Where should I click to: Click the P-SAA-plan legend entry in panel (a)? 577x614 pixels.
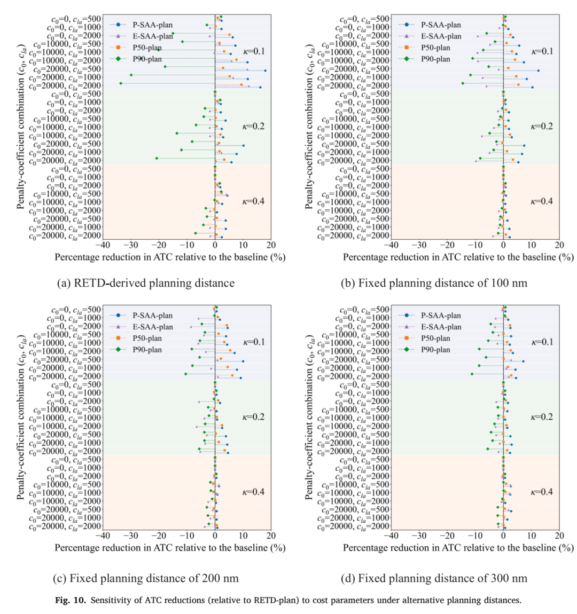click(x=142, y=25)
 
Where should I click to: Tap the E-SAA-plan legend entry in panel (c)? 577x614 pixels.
click(x=142, y=327)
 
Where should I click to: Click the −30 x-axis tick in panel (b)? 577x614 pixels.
click(x=419, y=245)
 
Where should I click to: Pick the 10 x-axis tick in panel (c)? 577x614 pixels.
click(x=243, y=536)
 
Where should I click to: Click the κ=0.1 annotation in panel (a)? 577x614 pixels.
click(x=254, y=51)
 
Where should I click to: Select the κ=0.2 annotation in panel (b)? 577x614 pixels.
click(x=542, y=127)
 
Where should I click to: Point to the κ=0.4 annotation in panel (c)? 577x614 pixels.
click(x=254, y=492)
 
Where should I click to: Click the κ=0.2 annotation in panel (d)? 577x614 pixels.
click(x=542, y=417)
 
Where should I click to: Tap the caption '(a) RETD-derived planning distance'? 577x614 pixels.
click(x=146, y=283)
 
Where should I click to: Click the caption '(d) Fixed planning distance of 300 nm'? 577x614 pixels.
click(x=434, y=578)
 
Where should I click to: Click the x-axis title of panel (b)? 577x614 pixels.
click(x=458, y=257)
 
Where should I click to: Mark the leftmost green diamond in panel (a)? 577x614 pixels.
click(x=121, y=83)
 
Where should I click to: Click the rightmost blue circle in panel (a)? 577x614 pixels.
click(x=265, y=71)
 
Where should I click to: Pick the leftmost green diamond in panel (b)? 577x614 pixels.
click(x=463, y=83)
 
